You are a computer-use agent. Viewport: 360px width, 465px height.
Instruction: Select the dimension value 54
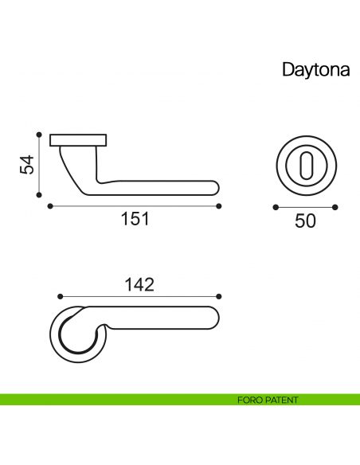27,166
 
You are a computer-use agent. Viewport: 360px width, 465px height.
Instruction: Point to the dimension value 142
139,283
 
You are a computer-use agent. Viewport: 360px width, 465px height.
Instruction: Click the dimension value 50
305,221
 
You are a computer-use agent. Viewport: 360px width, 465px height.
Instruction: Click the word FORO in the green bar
249,400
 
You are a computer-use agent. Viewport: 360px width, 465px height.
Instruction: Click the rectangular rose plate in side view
79,141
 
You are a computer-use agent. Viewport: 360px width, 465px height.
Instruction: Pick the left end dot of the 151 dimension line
50,206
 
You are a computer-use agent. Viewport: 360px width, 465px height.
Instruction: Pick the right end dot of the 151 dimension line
220,206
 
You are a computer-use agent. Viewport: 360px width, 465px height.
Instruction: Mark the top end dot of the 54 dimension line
39,134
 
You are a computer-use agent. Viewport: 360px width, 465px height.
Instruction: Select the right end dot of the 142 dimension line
220,295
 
